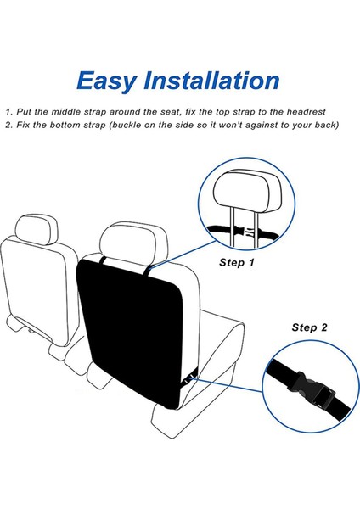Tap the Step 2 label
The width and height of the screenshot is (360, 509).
(310, 327)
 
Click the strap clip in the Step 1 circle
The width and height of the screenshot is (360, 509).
(245, 231)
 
